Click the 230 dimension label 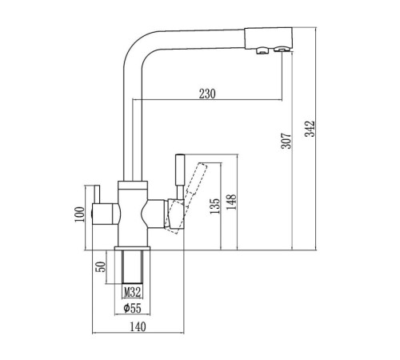click(x=207, y=94)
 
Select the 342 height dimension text click(x=310, y=129)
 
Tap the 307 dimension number click(x=286, y=141)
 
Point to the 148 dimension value click(x=231, y=202)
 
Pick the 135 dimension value click(x=215, y=206)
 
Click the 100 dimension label click(x=79, y=214)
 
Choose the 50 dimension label click(x=101, y=266)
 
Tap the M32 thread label click(x=132, y=293)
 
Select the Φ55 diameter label click(x=132, y=308)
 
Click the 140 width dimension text click(x=138, y=326)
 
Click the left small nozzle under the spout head click(x=262, y=50)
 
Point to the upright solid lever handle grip click(x=180, y=169)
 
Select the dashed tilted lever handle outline click(x=186, y=198)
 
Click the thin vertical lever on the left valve click(x=96, y=194)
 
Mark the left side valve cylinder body click(x=106, y=214)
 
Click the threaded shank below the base click(x=132, y=266)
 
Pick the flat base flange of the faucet click(x=132, y=249)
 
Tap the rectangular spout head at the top click(x=269, y=38)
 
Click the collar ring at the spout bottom click(x=133, y=185)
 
